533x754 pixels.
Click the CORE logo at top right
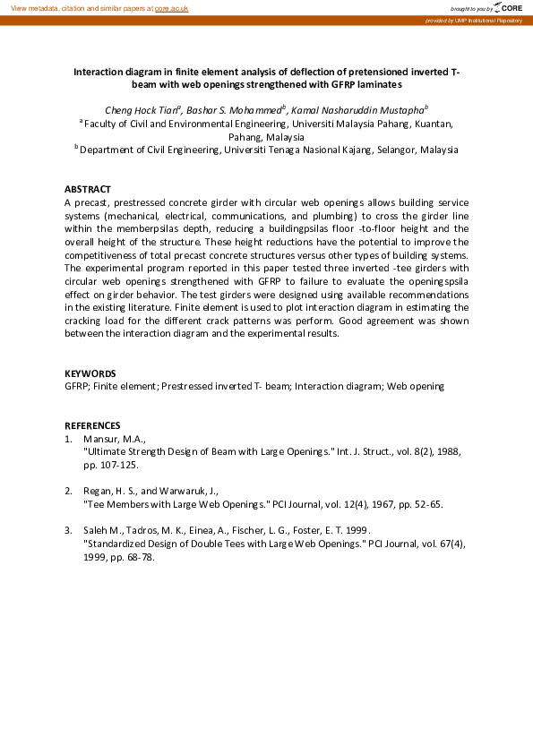(505, 7)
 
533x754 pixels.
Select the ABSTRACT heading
(87, 190)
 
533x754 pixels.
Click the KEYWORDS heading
(90, 373)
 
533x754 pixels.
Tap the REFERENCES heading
(92, 425)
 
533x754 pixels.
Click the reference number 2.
(68, 491)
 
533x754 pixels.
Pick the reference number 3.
(68, 530)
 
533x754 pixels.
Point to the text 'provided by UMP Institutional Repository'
(475, 20)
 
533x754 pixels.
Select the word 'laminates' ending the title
(379, 84)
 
